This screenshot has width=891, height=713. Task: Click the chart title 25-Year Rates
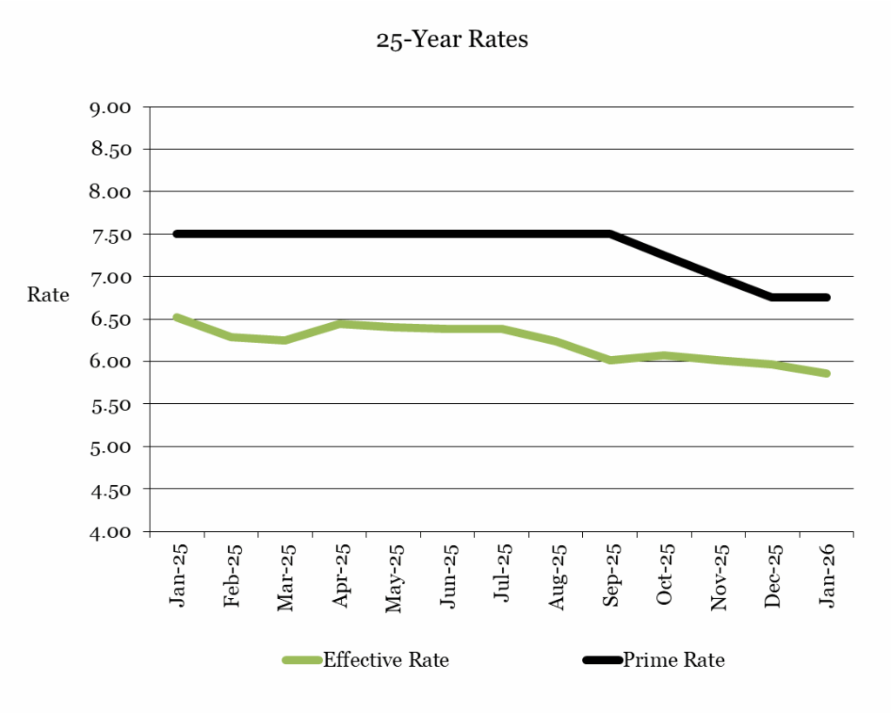[x=452, y=40]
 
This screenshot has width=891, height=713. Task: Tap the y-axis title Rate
[x=48, y=294]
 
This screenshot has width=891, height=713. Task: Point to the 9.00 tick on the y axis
[x=110, y=107]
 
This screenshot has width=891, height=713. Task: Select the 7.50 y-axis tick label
[x=110, y=234]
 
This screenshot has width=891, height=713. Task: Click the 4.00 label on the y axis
[x=110, y=531]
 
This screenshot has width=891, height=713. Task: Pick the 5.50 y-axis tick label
[x=110, y=404]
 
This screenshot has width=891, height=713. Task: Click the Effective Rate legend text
[x=386, y=660]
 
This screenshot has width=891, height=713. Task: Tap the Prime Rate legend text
[x=673, y=660]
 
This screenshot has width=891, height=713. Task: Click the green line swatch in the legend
[x=303, y=660]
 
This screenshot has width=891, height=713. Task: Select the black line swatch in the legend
[x=602, y=660]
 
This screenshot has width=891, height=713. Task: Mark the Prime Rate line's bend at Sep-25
[x=610, y=234]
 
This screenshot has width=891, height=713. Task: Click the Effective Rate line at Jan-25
[x=177, y=318]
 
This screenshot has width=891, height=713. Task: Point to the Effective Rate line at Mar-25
[x=285, y=340]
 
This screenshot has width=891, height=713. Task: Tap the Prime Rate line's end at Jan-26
[x=827, y=298]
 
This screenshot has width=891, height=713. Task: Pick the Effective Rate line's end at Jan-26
[x=827, y=373]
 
